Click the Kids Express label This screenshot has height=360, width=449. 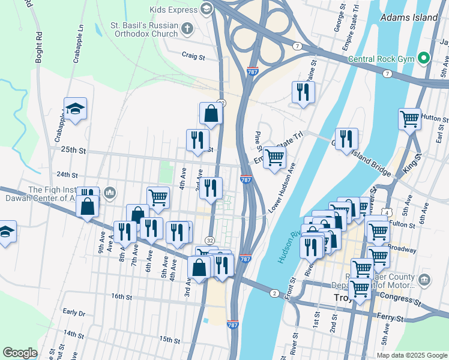[x=173, y=10]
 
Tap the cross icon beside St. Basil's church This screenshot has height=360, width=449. [x=187, y=28]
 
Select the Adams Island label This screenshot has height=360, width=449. [x=409, y=17]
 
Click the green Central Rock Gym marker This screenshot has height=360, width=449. [x=424, y=58]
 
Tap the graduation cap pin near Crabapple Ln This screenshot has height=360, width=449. [x=75, y=109]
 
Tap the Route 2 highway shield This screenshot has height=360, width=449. [x=274, y=293]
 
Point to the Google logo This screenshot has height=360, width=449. [x=20, y=352]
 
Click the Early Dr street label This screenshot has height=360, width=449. [x=74, y=312]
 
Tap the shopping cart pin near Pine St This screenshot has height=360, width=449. [x=274, y=158]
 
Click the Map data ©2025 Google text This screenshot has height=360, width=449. [x=411, y=355]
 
